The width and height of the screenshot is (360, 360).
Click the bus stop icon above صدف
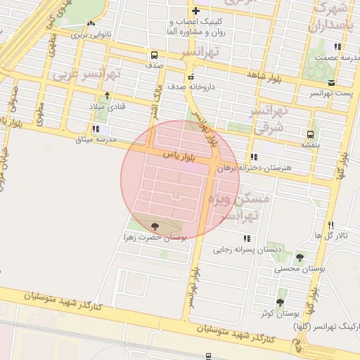154,55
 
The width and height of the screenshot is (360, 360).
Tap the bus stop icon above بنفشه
310,134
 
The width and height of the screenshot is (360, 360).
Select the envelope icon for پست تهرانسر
311,83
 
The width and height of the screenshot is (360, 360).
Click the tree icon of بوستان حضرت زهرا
154,226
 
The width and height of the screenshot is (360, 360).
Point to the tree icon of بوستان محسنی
301,258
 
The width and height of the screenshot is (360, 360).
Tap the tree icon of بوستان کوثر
280,302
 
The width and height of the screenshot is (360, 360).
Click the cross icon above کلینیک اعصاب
195,11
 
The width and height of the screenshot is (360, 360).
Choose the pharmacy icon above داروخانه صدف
191,77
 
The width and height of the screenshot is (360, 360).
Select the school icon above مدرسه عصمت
338,47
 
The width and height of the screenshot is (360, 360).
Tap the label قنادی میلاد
106,105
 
